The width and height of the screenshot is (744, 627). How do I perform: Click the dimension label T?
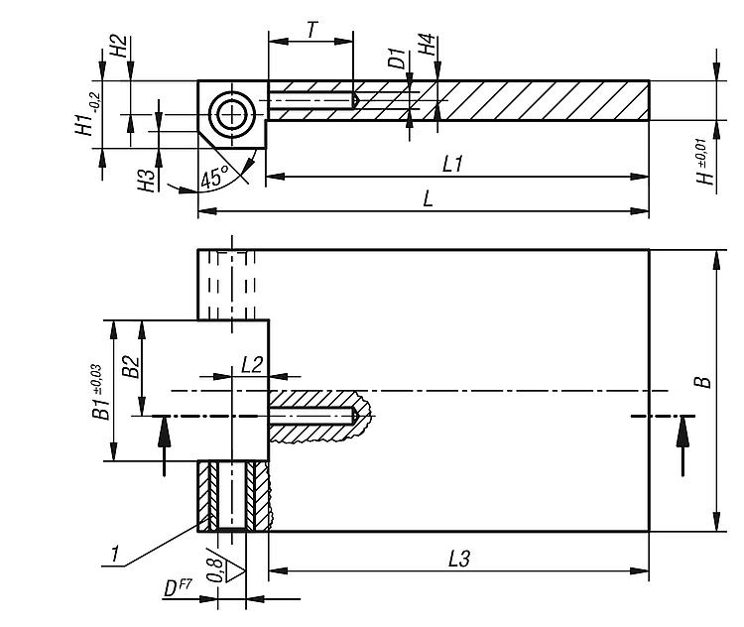(311, 29)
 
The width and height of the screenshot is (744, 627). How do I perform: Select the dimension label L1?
(453, 164)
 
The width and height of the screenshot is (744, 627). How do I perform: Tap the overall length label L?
(429, 198)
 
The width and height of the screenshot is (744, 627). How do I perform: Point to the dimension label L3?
(457, 560)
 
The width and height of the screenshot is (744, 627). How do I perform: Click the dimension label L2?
(251, 364)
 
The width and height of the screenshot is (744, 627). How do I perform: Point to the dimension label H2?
(117, 48)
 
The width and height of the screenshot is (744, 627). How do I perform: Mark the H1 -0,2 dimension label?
(87, 112)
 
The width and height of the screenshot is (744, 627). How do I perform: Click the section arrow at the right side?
(682, 446)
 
